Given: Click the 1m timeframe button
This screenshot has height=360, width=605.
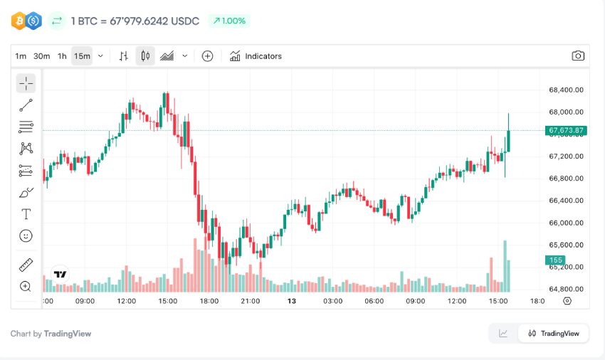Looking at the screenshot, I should (x=21, y=56).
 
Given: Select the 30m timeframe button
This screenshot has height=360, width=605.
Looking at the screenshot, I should (x=41, y=56).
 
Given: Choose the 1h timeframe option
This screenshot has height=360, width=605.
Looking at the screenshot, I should (x=62, y=56).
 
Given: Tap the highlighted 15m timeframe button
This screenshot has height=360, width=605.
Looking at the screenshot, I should (x=82, y=56).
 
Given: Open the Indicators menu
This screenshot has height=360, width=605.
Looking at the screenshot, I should (x=256, y=56).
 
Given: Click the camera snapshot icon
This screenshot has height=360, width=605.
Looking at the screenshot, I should (x=578, y=56).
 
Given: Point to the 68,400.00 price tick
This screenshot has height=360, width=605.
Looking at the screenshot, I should (x=566, y=90).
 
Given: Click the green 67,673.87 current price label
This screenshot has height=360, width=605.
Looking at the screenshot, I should (x=566, y=130).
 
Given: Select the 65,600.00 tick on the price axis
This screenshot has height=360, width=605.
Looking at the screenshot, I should (x=566, y=245).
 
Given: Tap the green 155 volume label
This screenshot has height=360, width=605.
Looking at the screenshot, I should (x=556, y=260).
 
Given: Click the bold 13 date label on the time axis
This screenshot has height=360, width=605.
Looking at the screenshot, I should (x=291, y=301).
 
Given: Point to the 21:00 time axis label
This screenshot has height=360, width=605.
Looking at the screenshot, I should (x=250, y=301).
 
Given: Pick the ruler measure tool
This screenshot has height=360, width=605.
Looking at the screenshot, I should (x=26, y=265).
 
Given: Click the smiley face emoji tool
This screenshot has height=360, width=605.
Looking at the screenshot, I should (x=26, y=235).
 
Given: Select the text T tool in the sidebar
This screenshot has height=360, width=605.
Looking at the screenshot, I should (x=26, y=214).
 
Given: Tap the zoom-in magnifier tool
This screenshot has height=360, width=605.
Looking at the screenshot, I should (x=26, y=286).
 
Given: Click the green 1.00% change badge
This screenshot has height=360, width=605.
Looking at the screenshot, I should (x=229, y=21).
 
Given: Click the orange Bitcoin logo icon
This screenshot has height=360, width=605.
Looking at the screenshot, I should (x=19, y=21).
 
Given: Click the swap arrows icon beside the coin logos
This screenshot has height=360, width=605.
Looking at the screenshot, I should (x=57, y=21).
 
